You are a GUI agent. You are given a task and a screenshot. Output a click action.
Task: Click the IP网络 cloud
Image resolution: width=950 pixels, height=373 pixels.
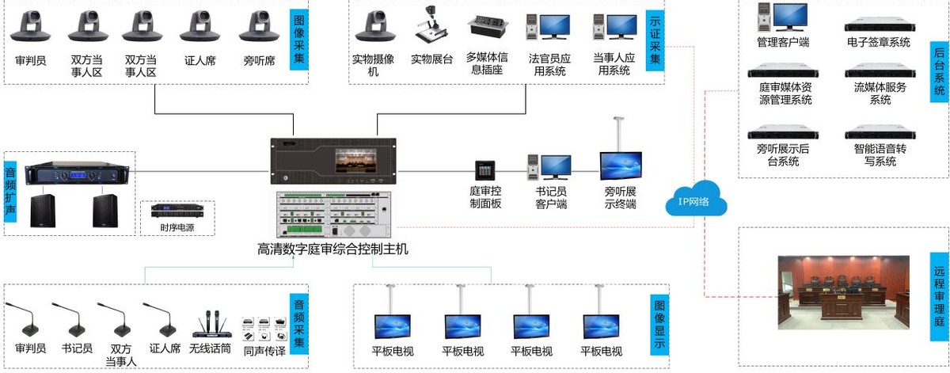(x=693, y=200)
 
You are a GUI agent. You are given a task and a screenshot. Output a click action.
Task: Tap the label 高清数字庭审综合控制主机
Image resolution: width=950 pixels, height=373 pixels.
(x=332, y=249)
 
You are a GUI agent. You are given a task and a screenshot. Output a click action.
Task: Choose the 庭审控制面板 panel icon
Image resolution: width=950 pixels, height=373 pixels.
(x=485, y=170)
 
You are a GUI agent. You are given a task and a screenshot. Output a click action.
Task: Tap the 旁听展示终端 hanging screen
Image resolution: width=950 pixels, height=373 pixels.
(x=621, y=166)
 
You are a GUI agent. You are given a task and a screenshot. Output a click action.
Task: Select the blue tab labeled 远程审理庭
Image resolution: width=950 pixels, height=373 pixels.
(x=939, y=293)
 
